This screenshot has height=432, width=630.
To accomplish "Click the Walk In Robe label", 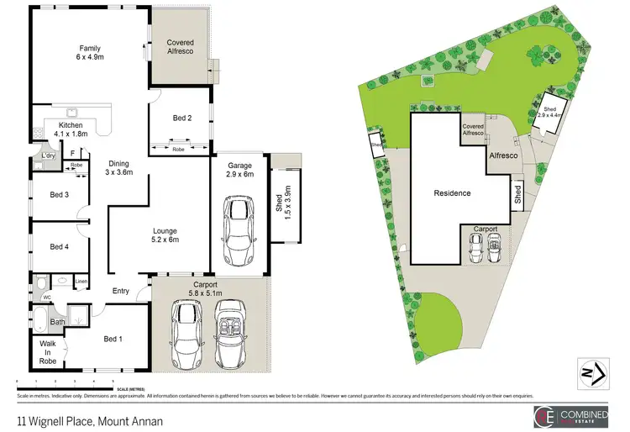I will point(45,352).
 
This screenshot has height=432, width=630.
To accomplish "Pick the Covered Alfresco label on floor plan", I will point(181,47).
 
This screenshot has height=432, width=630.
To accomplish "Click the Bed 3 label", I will point(58,195).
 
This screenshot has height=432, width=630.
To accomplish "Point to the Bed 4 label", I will point(58,246).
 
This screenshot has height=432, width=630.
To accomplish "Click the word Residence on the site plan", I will point(452,193).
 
